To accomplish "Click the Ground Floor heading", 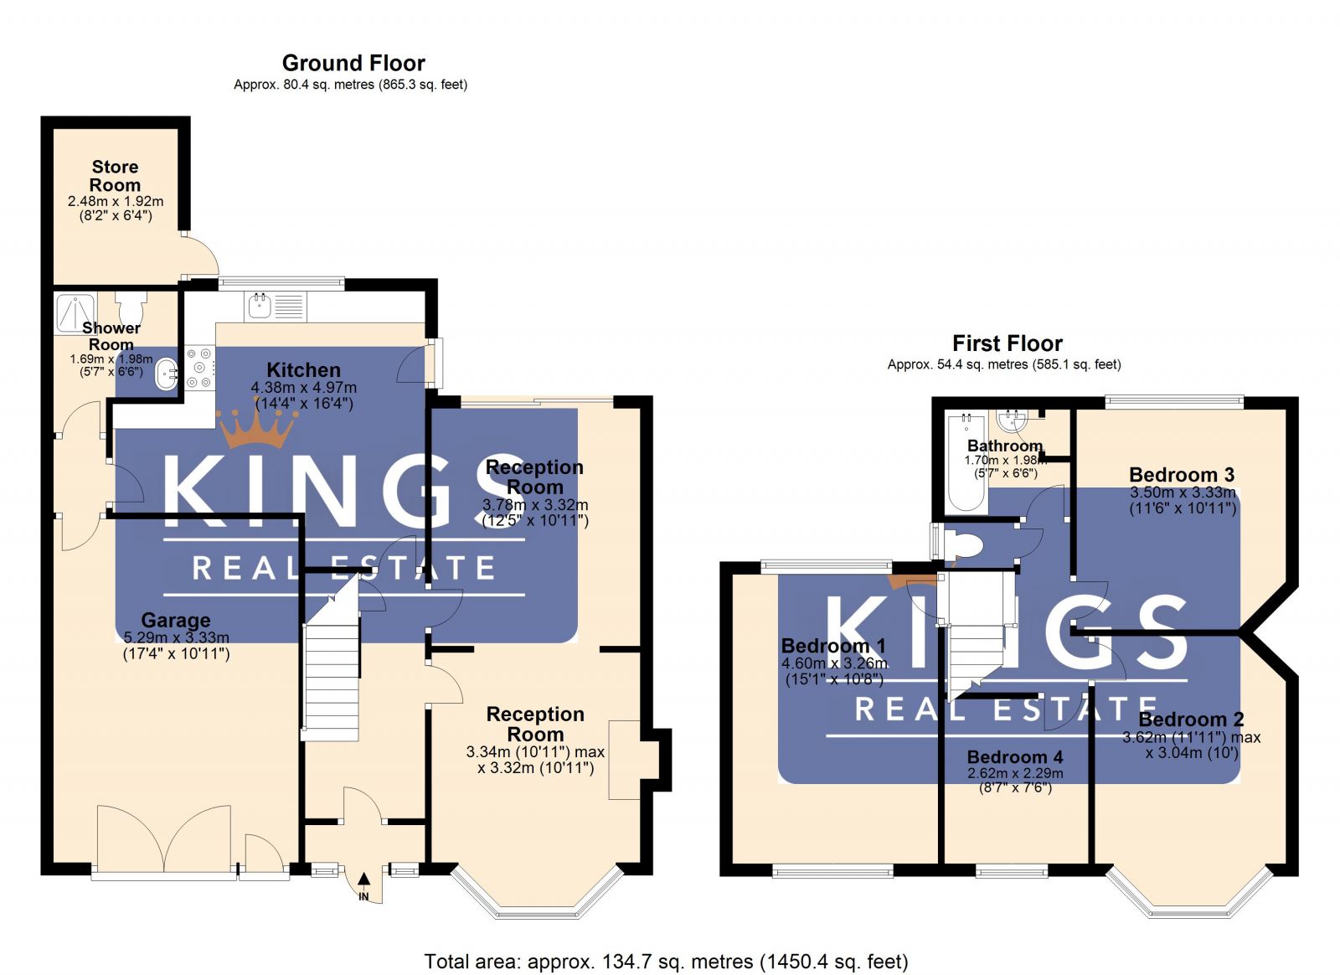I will (x=353, y=63).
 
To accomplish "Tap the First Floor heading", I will (x=1007, y=343).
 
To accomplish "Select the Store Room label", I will (x=115, y=176).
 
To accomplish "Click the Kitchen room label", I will (x=303, y=369).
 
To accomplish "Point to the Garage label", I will (x=175, y=620).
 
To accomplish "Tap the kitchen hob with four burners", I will (x=199, y=368).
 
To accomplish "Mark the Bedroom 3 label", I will (x=1181, y=475).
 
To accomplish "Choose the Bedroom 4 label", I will (x=1014, y=757).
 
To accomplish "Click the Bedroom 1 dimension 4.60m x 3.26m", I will (x=834, y=663).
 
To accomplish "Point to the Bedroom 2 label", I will (x=1190, y=720).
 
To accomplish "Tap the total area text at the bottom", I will (x=666, y=962).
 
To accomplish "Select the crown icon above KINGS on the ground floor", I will (x=257, y=427).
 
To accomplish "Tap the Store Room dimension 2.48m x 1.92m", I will (x=116, y=201).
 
